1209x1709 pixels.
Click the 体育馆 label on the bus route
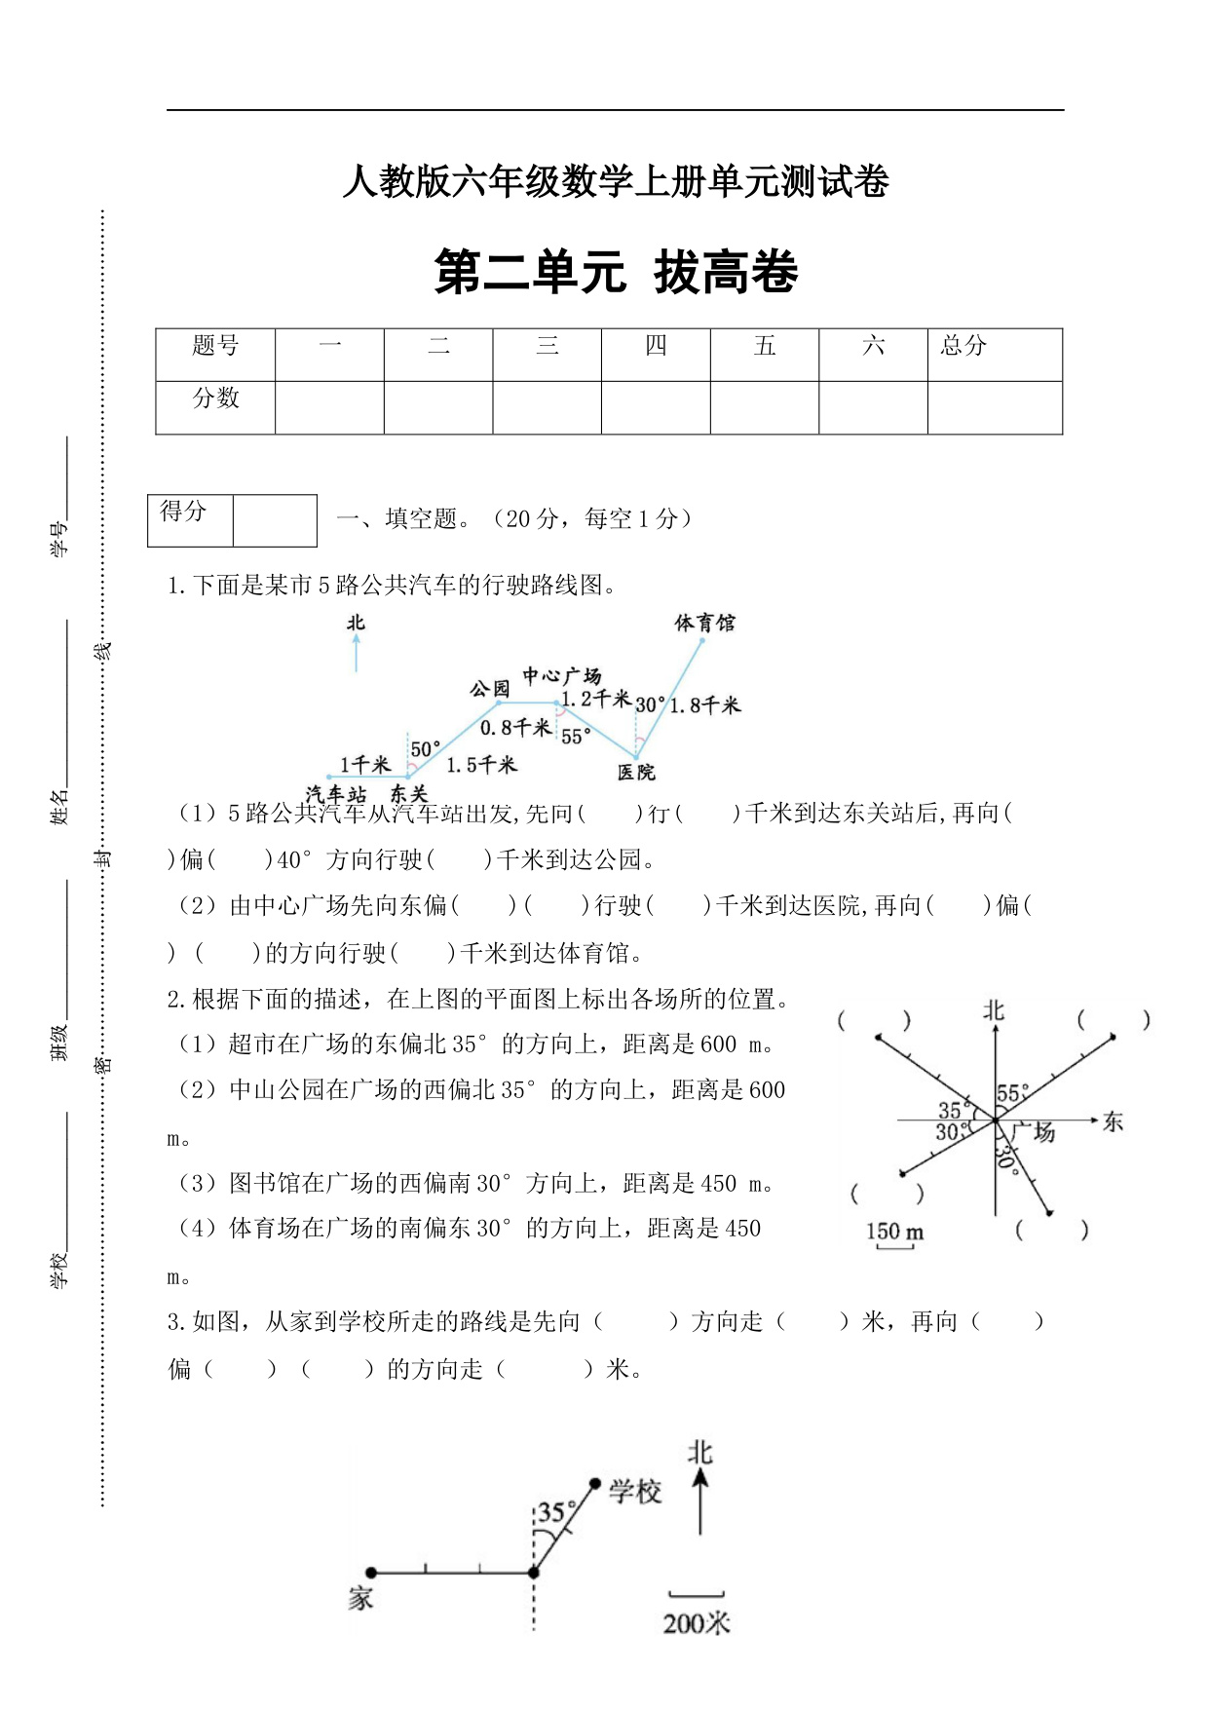click(x=704, y=623)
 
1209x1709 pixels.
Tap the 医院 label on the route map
click(x=636, y=773)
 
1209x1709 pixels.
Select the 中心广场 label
click(x=562, y=675)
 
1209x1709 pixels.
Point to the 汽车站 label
click(x=335, y=794)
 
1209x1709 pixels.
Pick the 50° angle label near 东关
click(x=426, y=749)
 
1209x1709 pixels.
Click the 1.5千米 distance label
click(x=481, y=765)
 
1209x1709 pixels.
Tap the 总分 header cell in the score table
click(x=963, y=345)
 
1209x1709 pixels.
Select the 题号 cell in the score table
click(x=215, y=345)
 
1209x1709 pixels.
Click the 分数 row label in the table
click(x=215, y=398)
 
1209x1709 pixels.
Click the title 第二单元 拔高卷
click(x=616, y=272)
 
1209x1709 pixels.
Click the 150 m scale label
click(x=894, y=1232)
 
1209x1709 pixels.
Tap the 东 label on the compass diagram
click(x=1113, y=1122)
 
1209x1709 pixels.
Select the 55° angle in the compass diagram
click(x=1013, y=1093)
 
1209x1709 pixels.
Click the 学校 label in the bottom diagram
click(x=635, y=1492)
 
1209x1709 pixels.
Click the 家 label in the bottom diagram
click(x=360, y=1598)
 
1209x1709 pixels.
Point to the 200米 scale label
click(x=696, y=1623)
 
